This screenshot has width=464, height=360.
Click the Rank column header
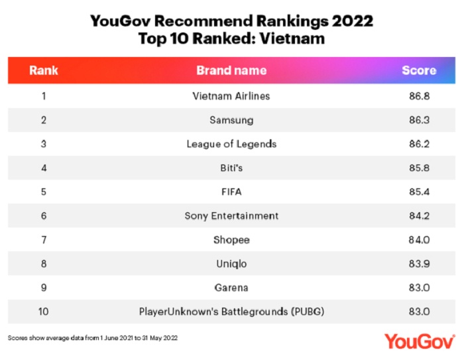coord(44,70)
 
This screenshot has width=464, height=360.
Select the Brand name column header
coord(231,70)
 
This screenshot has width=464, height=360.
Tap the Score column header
coord(419,70)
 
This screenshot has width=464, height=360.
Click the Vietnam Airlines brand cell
coord(231,96)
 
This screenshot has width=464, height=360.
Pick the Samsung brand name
coord(231,120)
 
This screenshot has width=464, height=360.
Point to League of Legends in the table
coord(231,144)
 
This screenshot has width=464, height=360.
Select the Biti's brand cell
coord(231,168)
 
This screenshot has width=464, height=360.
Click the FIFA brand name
coord(231,192)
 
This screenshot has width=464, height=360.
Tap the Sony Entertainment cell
coord(231,215)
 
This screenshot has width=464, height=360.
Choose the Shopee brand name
coord(231,239)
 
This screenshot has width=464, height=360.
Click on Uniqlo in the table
coord(231,263)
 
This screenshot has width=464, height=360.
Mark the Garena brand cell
coord(231,287)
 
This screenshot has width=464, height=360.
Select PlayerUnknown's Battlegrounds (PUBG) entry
coord(231,311)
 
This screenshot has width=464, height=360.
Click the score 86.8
coord(420,96)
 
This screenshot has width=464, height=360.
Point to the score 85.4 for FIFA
coord(420,192)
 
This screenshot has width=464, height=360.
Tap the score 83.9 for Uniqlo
coord(420,263)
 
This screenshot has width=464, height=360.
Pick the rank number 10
coord(44,311)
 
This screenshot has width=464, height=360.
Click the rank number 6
coord(44,215)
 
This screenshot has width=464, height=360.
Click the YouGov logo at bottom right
coord(420,341)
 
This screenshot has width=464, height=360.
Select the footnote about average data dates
coord(93,337)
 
